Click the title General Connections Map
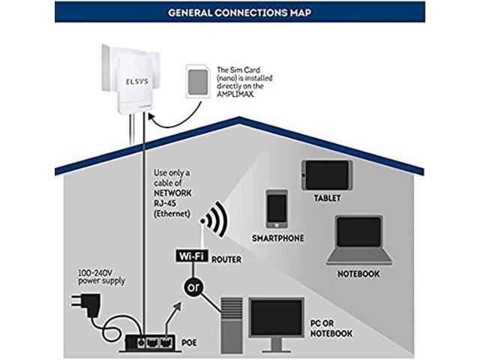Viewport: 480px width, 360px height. pos(240,12)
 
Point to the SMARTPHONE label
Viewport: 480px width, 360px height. pos(278,238)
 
